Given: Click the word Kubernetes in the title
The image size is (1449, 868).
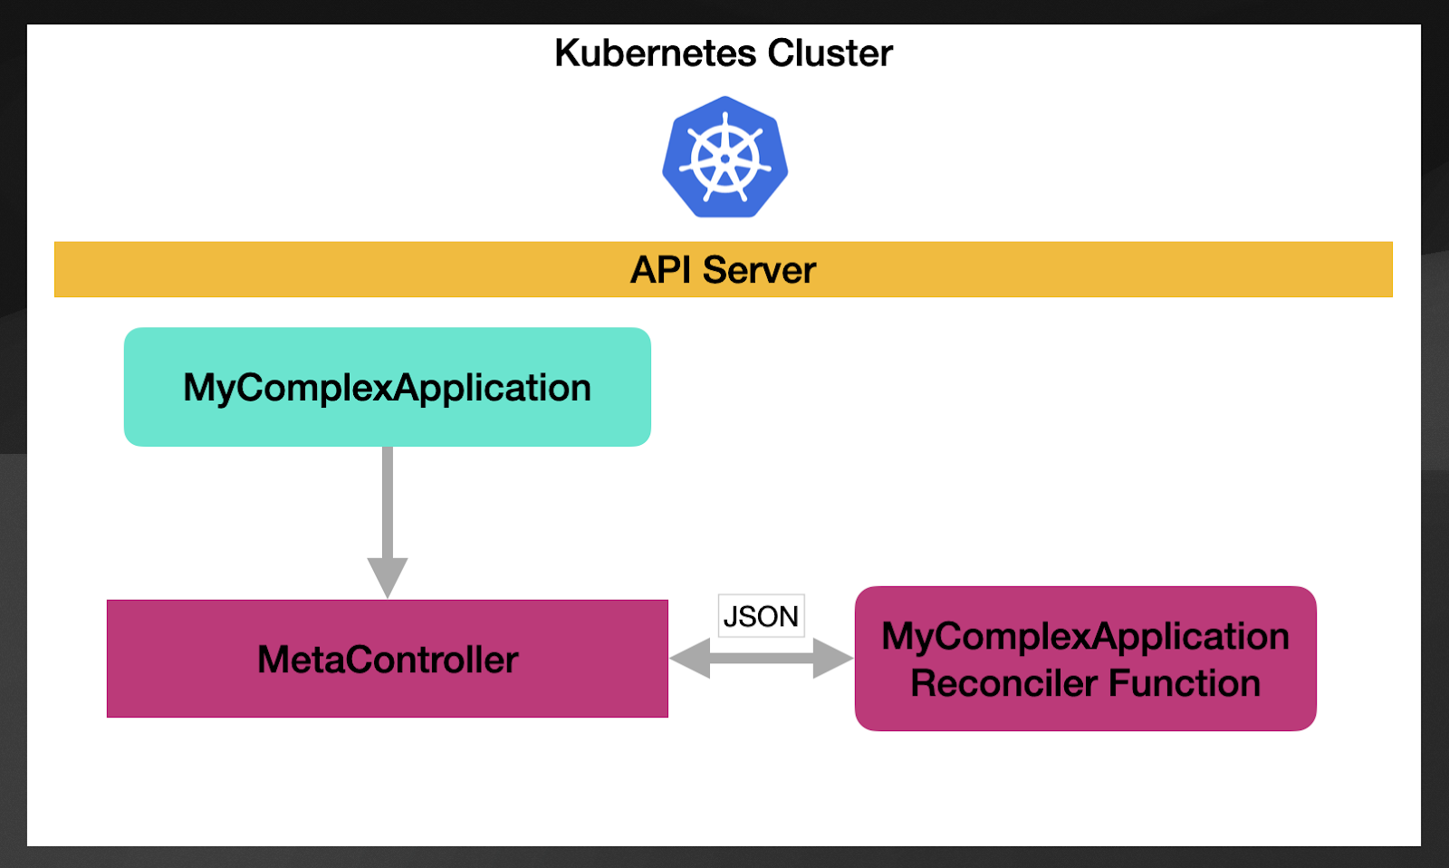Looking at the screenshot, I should coord(654,53).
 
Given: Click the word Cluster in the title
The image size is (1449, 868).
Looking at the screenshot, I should coord(830,53).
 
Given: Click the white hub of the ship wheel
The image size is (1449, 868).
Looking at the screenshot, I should coord(724,159).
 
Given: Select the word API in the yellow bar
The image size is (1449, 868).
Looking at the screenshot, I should coord(660,270).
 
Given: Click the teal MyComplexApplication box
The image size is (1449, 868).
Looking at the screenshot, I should coord(387,388).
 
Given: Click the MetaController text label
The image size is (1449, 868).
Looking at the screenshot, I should coord(388,660).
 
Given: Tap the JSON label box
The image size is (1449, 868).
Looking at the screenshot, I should coord(761,616).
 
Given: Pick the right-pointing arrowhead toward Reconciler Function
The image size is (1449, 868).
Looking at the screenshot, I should coord(832,659).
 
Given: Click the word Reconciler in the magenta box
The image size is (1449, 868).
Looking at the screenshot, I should coord(1003,683).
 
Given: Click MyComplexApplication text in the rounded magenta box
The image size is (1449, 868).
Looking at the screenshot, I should coord(1085,636).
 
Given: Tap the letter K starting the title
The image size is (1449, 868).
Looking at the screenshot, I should coord(567,53).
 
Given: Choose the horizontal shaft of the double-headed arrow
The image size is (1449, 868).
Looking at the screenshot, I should coord(761,659).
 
